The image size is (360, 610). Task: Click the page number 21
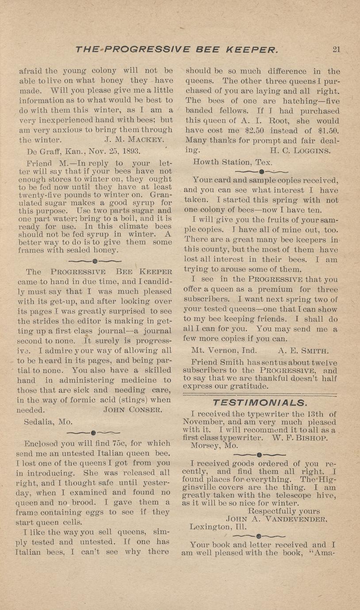pos(336,49)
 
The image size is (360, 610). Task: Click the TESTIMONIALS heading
pos(259,402)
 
